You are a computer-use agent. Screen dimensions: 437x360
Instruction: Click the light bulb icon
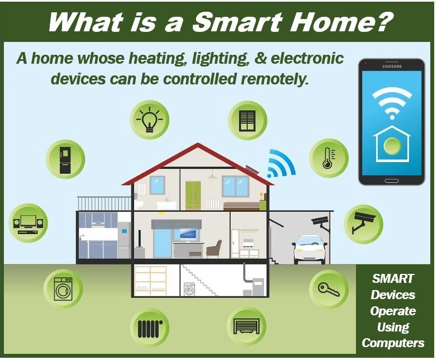coord(150,120)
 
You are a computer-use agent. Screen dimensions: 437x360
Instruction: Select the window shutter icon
coord(248,120)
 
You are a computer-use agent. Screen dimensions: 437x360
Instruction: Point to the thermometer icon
coord(329,158)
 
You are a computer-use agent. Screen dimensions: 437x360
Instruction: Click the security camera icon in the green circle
coord(363,222)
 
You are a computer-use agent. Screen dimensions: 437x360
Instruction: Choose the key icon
coord(329,289)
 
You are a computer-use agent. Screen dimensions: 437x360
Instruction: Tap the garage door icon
coord(246,326)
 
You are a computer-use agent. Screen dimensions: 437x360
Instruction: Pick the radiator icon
coord(150,329)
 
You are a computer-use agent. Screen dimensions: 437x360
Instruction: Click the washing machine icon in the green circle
coord(63,288)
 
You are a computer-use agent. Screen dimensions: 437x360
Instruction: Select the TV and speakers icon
coord(28,224)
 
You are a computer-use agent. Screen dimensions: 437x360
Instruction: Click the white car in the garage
coord(309,249)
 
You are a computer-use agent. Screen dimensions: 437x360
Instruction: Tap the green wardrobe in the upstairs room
coord(193,195)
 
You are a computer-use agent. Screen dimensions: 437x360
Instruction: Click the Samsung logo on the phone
coord(392,67)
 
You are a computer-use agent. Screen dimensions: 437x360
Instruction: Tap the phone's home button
coord(392,181)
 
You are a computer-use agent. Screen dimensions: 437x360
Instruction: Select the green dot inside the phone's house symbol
coord(392,145)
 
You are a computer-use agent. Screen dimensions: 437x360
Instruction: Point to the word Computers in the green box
coord(393,343)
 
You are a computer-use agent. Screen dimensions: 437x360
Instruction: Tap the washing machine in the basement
coord(189,289)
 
